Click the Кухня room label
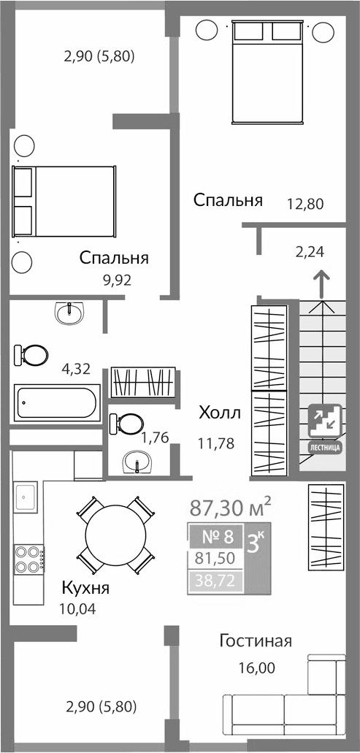pyautogui.click(x=85, y=588)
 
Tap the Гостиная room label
pyautogui.click(x=256, y=641)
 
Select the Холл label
pyautogui.click(x=219, y=413)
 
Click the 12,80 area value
pyautogui.click(x=305, y=204)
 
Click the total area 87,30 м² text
pyautogui.click(x=230, y=505)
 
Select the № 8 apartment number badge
pyautogui.click(x=217, y=538)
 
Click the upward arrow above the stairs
pyautogui.click(x=320, y=284)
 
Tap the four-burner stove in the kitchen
pyautogui.click(x=28, y=558)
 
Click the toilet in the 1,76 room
pyautogui.click(x=129, y=424)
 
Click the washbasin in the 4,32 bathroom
pyautogui.click(x=70, y=313)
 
